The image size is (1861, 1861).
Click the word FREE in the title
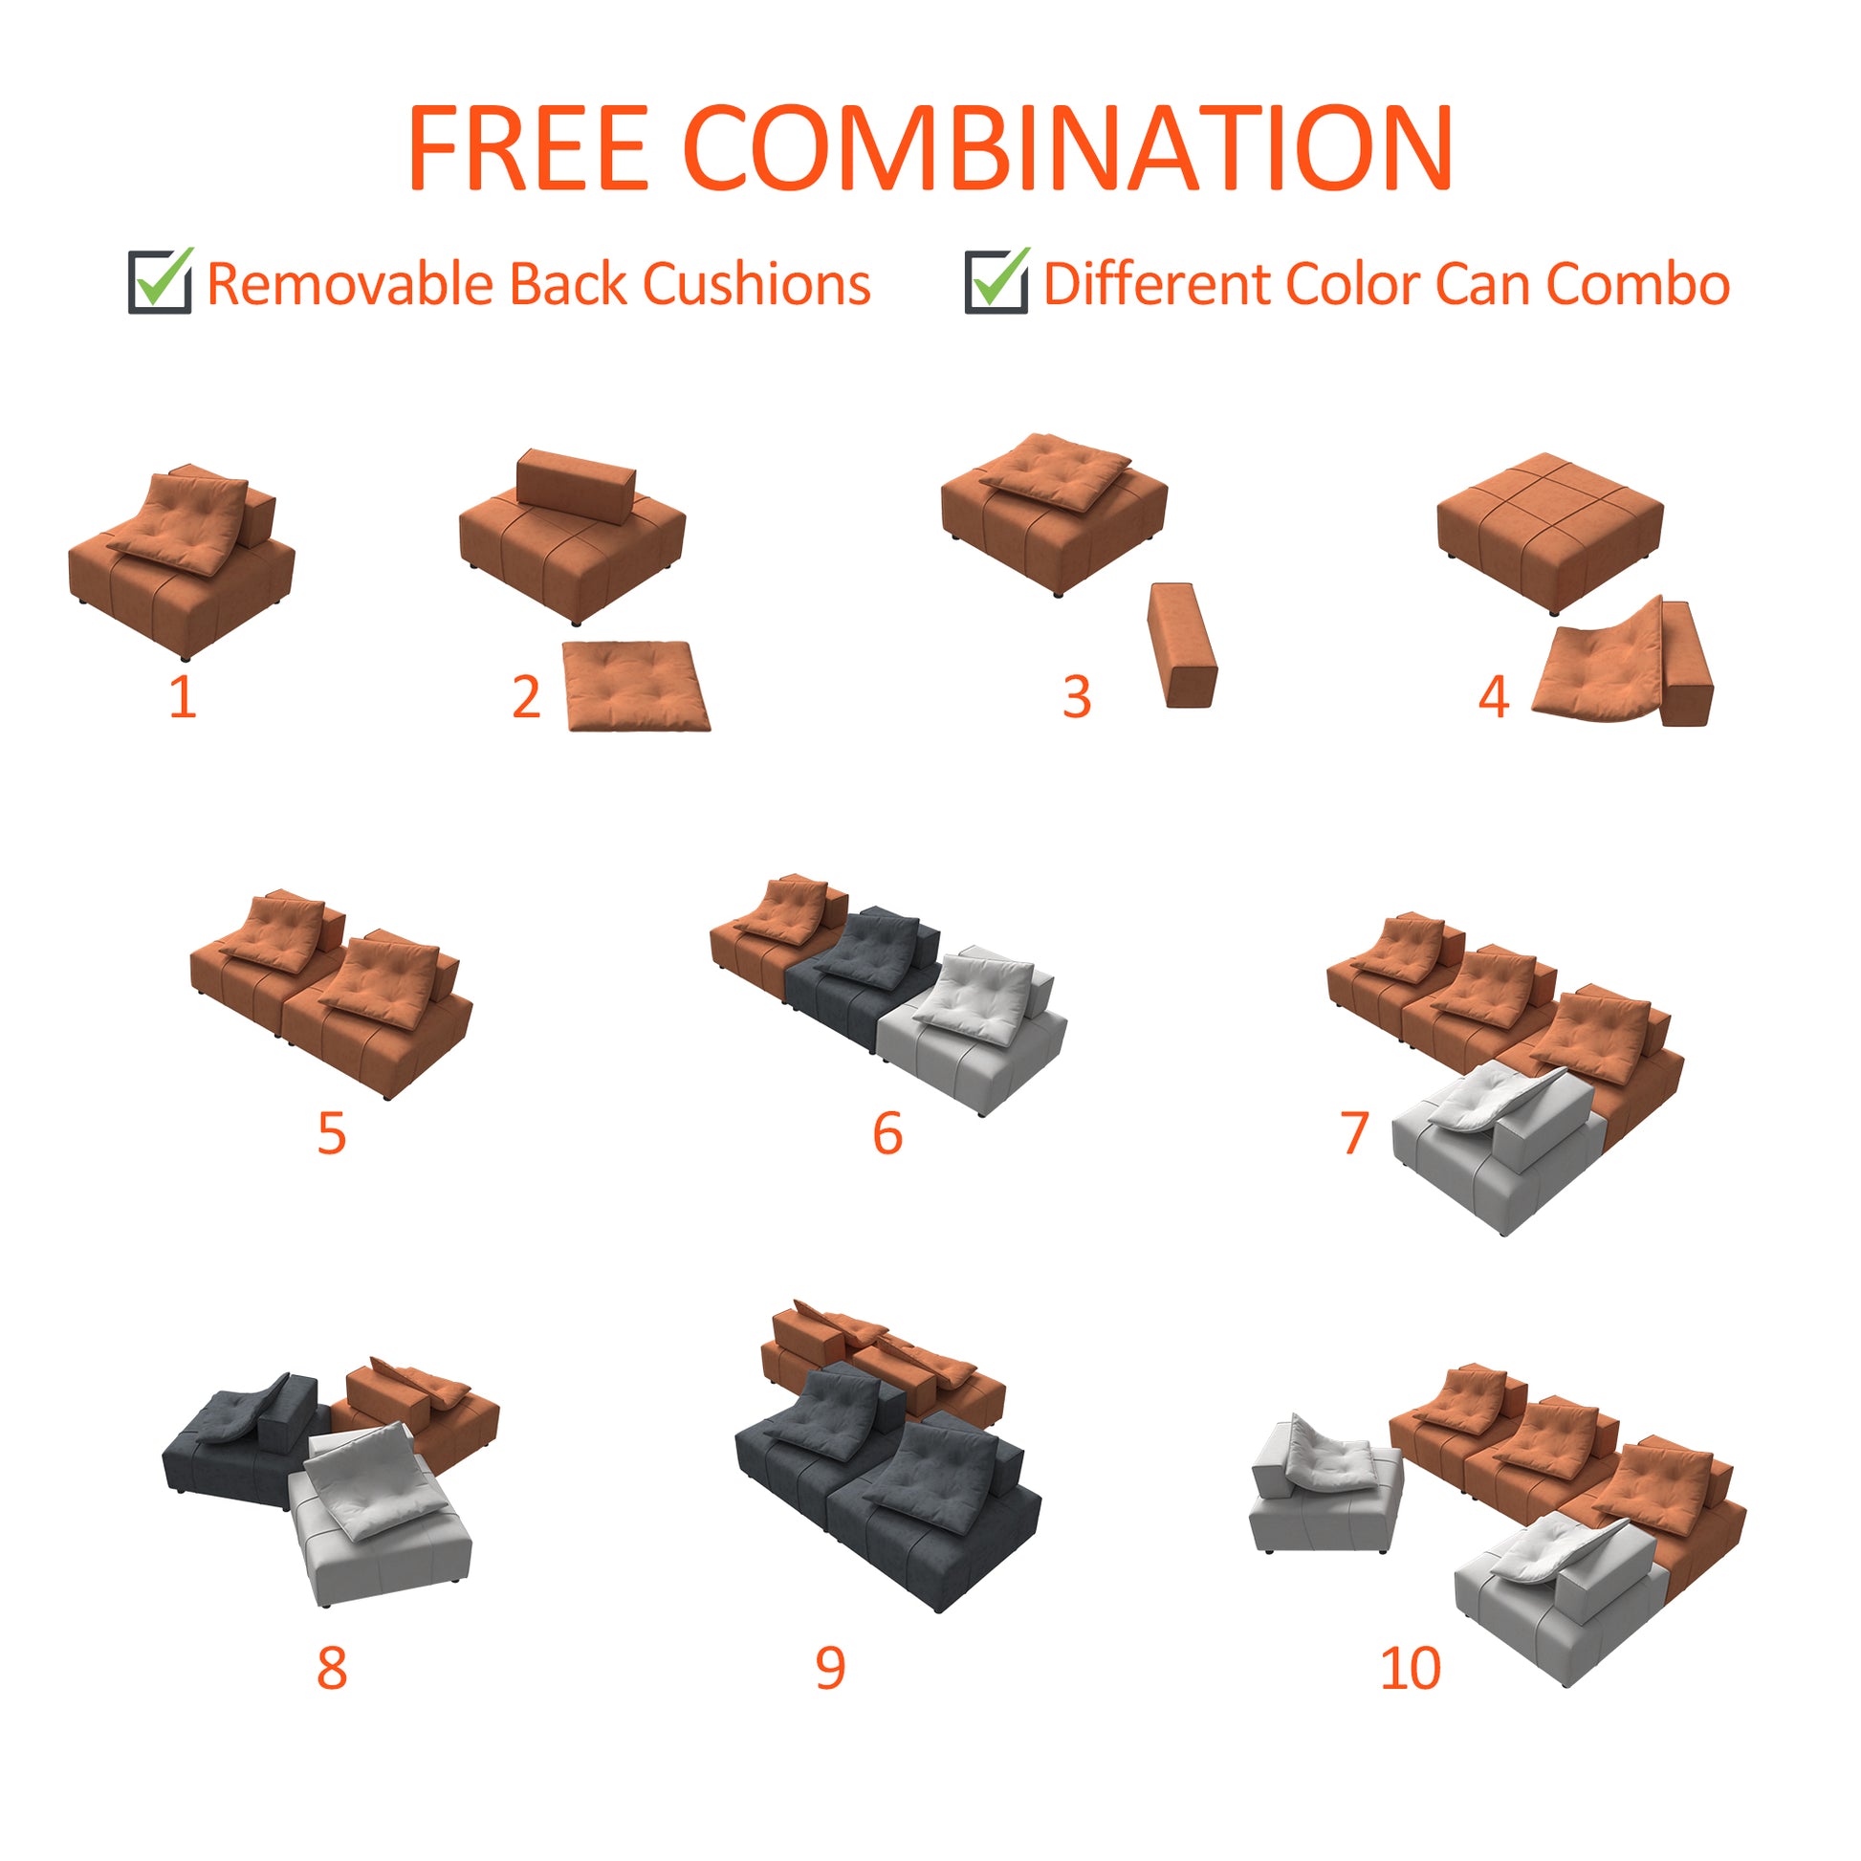click(x=528, y=147)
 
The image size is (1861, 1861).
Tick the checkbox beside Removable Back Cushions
click(x=160, y=282)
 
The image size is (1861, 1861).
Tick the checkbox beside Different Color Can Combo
click(x=996, y=282)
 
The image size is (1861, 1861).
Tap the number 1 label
click(x=182, y=696)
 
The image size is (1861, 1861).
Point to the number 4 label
click(x=1493, y=696)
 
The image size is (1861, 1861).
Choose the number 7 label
click(x=1354, y=1133)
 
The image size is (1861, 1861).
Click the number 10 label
click(x=1411, y=1669)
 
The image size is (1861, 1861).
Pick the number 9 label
click(x=830, y=1669)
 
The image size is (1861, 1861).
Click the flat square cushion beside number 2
click(x=637, y=686)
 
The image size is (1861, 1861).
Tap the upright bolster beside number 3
click(x=1182, y=645)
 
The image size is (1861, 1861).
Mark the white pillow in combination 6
click(x=973, y=996)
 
